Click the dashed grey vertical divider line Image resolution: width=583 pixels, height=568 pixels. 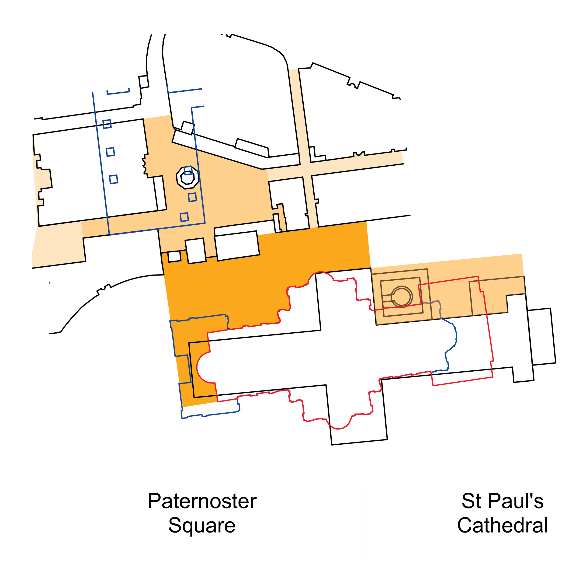pyautogui.click(x=362, y=525)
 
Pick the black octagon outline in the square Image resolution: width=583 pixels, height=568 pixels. pyautogui.click(x=187, y=178)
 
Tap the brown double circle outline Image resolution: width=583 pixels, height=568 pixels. pyautogui.click(x=402, y=296)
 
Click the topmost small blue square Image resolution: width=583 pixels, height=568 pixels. pyautogui.click(x=107, y=124)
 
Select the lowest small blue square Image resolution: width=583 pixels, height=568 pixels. pyautogui.click(x=184, y=217)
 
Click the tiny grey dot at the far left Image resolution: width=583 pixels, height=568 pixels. pyautogui.click(x=49, y=282)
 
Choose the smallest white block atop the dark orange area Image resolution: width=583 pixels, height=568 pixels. pyautogui.click(x=174, y=257)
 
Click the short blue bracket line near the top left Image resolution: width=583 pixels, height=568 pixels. pyautogui.click(x=118, y=92)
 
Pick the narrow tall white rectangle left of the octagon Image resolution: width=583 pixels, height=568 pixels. pyautogui.click(x=160, y=193)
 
